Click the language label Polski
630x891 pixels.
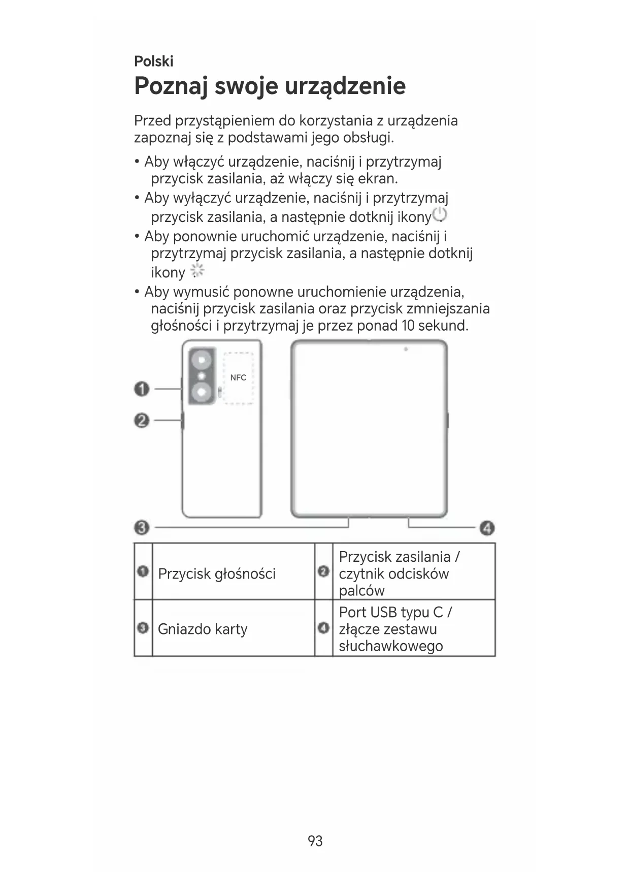point(153,61)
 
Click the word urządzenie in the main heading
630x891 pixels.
point(345,86)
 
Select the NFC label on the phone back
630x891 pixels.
point(238,377)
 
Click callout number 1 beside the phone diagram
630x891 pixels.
point(142,390)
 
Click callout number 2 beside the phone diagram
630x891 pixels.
point(142,421)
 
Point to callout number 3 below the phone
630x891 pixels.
point(142,528)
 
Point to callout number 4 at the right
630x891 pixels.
point(487,528)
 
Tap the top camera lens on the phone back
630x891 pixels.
point(202,360)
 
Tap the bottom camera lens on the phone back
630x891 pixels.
point(202,391)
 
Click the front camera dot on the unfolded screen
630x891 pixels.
point(406,349)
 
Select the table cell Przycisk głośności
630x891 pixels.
point(217,574)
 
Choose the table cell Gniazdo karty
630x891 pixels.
point(203,629)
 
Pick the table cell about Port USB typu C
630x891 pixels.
point(396,629)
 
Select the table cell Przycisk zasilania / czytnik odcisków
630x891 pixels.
point(399,573)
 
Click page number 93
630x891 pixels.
point(315,841)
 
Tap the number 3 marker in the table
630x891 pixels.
point(143,628)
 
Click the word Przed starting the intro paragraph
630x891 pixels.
point(152,121)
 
